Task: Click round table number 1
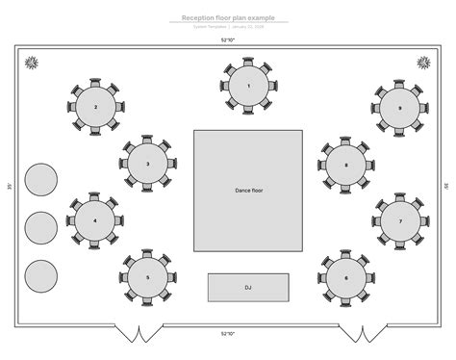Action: [x=248, y=86]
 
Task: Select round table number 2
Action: [x=95, y=108]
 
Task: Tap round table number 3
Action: [x=147, y=164]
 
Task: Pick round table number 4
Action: [x=95, y=220]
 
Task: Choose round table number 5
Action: [x=147, y=277]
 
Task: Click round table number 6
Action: [x=345, y=277]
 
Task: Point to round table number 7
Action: [x=399, y=220]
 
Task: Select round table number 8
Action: [x=345, y=165]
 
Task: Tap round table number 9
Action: [x=399, y=108]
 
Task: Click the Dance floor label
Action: [x=249, y=191]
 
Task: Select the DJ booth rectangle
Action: [x=248, y=287]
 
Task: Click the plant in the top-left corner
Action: [x=33, y=63]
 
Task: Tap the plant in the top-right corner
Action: [x=423, y=63]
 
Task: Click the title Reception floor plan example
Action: [x=227, y=17]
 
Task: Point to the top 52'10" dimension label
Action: [x=228, y=40]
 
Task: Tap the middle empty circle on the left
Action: [x=41, y=227]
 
